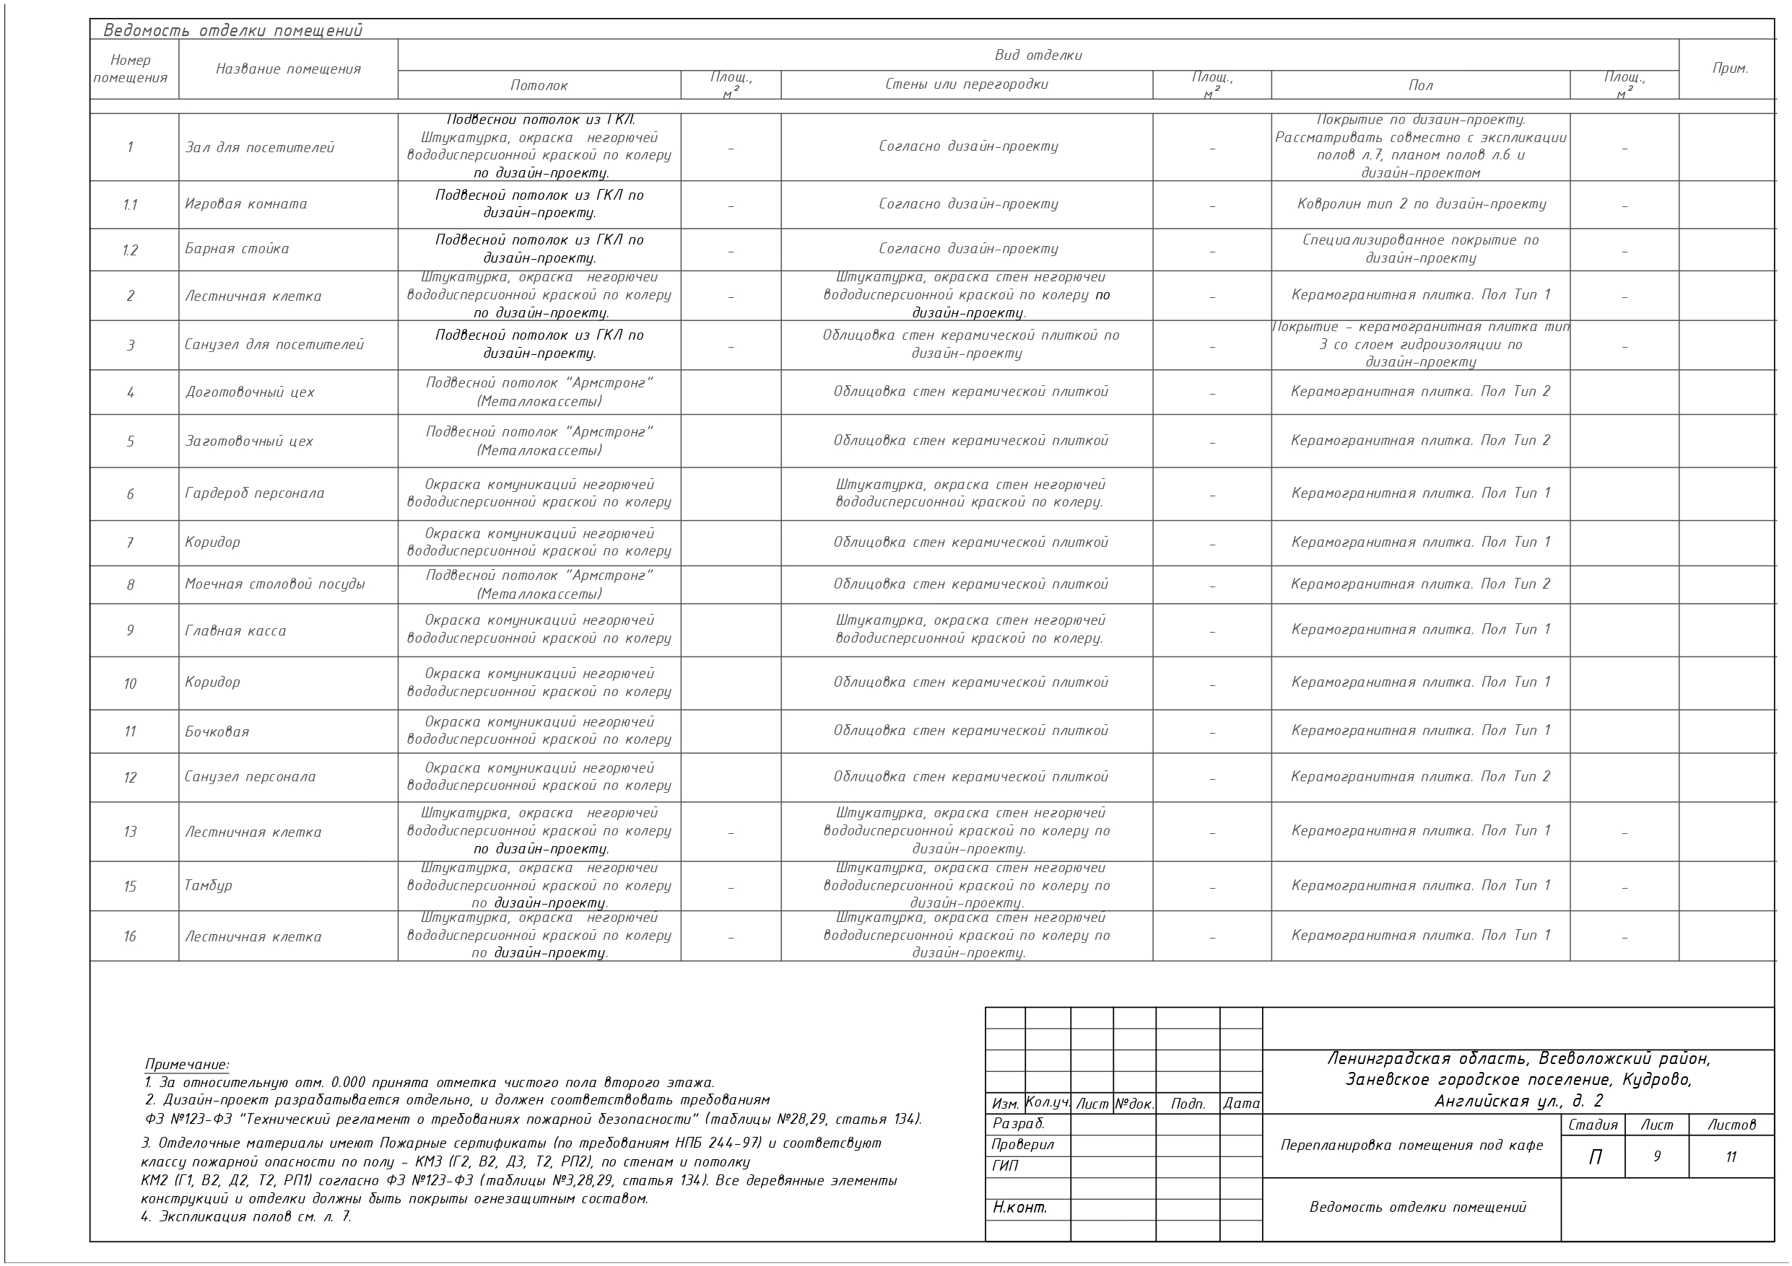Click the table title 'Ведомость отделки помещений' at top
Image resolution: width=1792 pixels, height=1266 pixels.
pyautogui.click(x=232, y=31)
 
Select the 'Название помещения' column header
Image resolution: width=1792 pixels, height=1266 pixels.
pyautogui.click(x=288, y=69)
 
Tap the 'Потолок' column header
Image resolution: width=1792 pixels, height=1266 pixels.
pyautogui.click(x=539, y=86)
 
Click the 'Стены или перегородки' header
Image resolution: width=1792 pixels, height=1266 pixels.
pyautogui.click(x=966, y=84)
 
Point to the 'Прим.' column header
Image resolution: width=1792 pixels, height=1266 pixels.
pyautogui.click(x=1730, y=69)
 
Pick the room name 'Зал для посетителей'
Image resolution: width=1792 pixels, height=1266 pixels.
pyautogui.click(x=259, y=147)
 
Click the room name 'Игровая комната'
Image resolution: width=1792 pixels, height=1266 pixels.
pyautogui.click(x=246, y=204)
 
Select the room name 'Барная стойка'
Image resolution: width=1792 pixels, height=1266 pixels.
pyautogui.click(x=237, y=249)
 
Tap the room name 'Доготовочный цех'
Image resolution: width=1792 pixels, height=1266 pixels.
pyautogui.click(x=250, y=392)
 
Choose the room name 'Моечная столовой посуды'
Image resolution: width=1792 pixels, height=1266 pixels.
pyautogui.click(x=275, y=584)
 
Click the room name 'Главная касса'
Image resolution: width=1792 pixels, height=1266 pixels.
pyautogui.click(x=235, y=630)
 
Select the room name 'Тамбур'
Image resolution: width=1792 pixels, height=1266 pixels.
pyautogui.click(x=209, y=885)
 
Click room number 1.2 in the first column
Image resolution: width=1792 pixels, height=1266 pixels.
pyautogui.click(x=131, y=250)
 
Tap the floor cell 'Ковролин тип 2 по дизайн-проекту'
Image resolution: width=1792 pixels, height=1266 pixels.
pyautogui.click(x=1420, y=204)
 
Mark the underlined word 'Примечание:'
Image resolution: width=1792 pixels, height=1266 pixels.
pyautogui.click(x=187, y=1065)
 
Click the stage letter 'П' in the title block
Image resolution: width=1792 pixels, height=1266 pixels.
pyautogui.click(x=1595, y=1158)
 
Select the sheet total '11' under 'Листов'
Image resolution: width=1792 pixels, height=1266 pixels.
pyautogui.click(x=1731, y=1157)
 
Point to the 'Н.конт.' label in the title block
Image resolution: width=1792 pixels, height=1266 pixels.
pyautogui.click(x=1019, y=1208)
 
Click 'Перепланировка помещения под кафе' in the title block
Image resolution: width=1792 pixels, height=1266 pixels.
pyautogui.click(x=1411, y=1145)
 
